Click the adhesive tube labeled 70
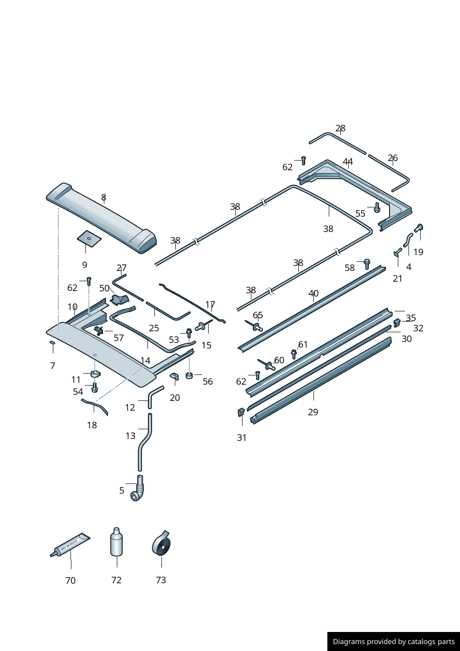[x=70, y=545]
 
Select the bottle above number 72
[x=116, y=542]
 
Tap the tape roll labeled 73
[x=161, y=544]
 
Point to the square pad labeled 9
[x=89, y=238]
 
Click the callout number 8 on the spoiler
[x=103, y=198]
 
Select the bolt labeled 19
[x=419, y=228]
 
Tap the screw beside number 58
[x=367, y=264]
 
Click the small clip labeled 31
[x=241, y=412]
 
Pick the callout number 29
[x=313, y=412]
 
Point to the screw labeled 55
[x=377, y=207]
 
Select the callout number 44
[x=348, y=161]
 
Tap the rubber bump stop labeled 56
[x=189, y=375]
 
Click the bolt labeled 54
[x=95, y=387]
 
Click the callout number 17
[x=210, y=305]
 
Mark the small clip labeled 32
[x=397, y=322]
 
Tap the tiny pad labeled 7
[x=52, y=343]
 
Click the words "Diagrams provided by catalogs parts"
[x=394, y=642]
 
